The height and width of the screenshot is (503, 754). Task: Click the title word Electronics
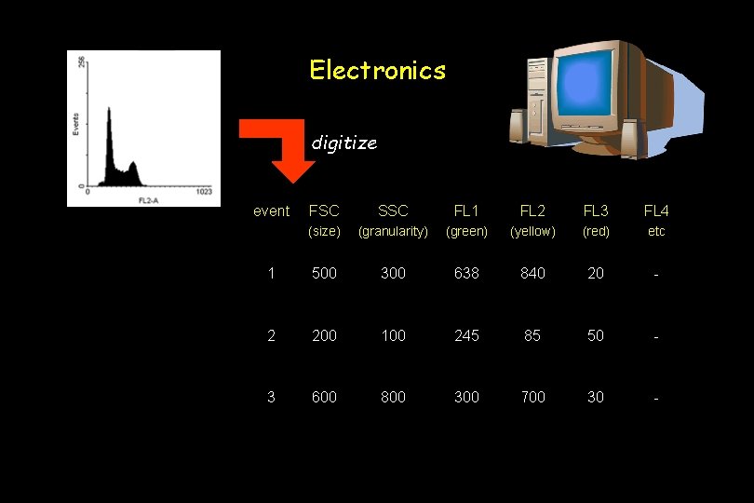(377, 70)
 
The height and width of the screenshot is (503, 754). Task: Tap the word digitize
(343, 143)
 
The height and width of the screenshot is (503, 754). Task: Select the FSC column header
(324, 211)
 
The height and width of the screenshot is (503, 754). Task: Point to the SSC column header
(393, 211)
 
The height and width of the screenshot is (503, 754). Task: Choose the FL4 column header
(656, 211)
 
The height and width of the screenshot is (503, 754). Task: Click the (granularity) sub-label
(393, 231)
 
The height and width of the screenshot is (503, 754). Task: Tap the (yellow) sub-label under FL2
(532, 231)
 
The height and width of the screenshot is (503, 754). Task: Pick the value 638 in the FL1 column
(466, 273)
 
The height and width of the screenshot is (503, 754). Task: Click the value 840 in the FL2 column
(532, 273)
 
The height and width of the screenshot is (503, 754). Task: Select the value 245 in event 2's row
(466, 335)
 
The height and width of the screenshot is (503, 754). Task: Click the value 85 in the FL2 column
(532, 335)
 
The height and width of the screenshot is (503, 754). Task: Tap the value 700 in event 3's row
(532, 397)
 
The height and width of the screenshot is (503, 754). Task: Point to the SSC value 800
(393, 397)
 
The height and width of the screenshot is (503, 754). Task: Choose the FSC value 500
(324, 273)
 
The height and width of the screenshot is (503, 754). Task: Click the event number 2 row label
(271, 335)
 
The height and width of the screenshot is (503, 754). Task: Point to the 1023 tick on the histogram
(205, 192)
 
